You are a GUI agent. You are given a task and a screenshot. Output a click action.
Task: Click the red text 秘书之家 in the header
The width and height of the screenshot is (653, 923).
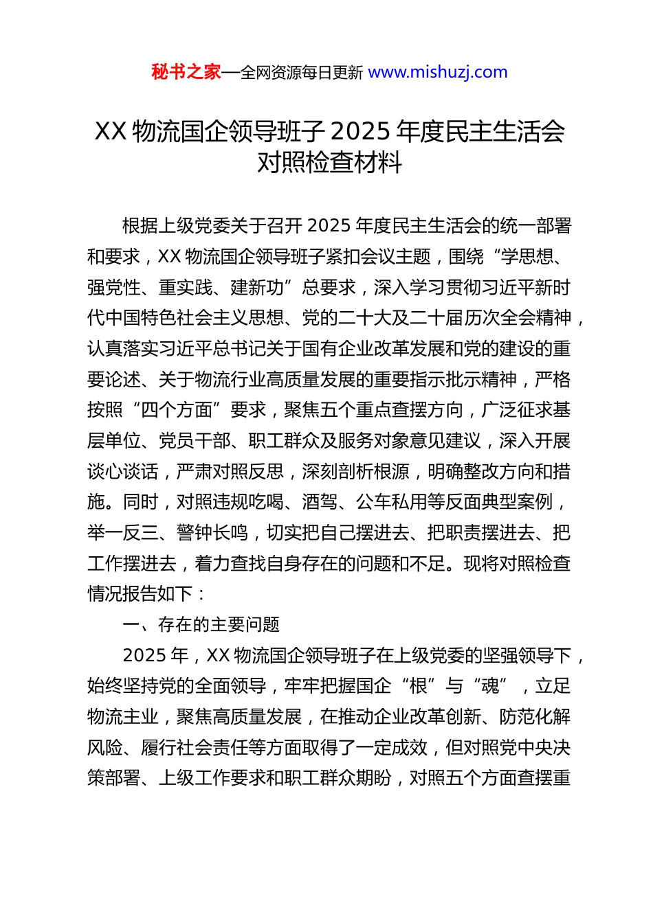tap(186, 72)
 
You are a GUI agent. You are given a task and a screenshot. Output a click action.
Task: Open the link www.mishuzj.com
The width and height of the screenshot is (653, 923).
tap(438, 72)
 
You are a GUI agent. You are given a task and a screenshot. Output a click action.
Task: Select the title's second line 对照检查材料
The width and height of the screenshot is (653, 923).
tap(329, 163)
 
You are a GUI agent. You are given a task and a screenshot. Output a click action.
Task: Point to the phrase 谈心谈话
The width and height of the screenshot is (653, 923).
tap(123, 472)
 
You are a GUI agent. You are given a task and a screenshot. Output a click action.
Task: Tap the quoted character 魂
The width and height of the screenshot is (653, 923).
tap(490, 686)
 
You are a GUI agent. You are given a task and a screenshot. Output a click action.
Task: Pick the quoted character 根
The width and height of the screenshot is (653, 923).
tap(419, 686)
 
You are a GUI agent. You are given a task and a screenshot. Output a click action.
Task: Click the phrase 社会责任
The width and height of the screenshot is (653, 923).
tap(266, 747)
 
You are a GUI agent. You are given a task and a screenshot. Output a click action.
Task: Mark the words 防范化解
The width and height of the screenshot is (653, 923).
tap(535, 717)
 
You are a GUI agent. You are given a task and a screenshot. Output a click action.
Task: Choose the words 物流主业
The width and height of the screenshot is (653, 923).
tap(123, 717)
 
